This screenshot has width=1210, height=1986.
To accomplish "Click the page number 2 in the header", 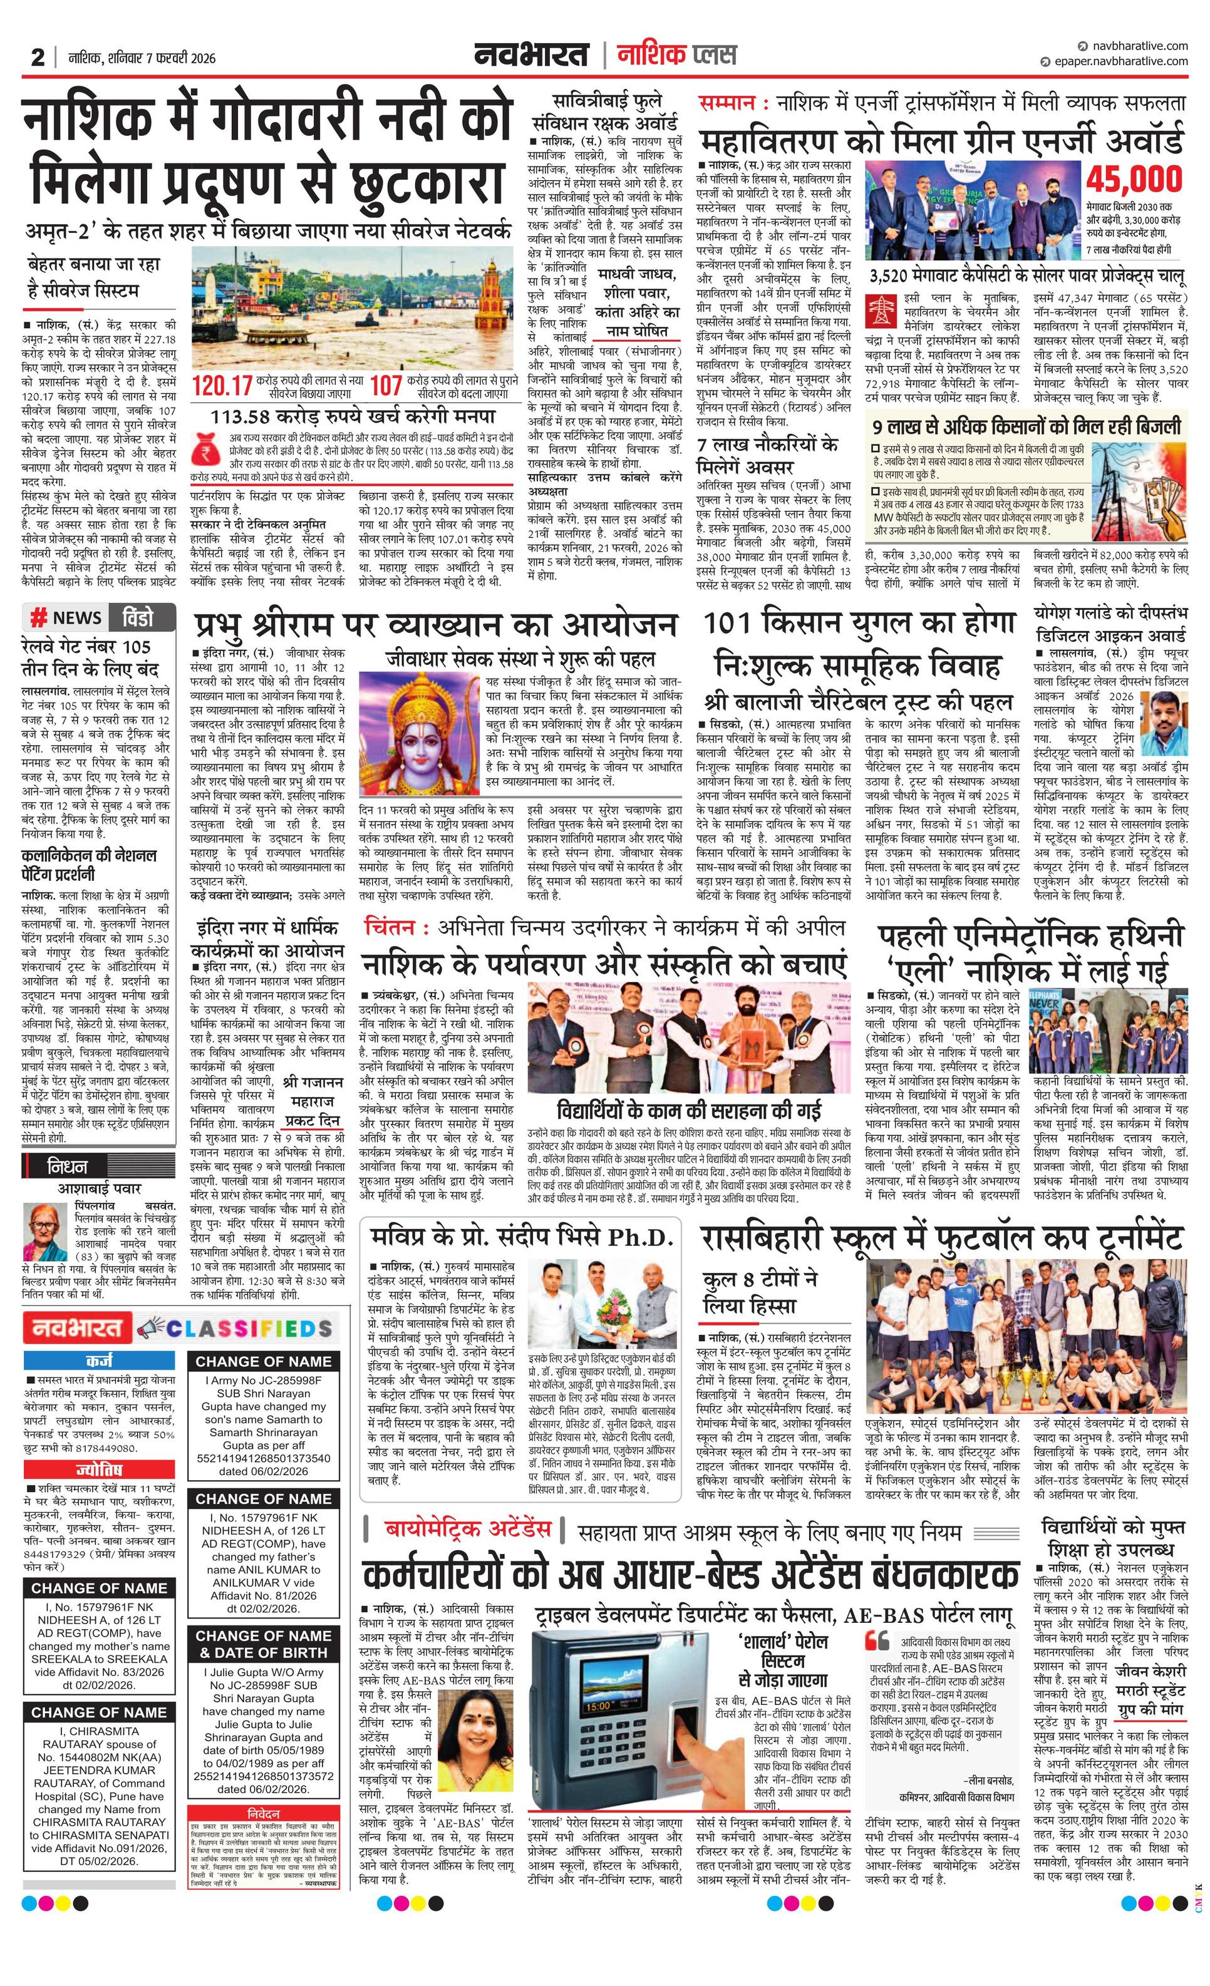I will point(37,58).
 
